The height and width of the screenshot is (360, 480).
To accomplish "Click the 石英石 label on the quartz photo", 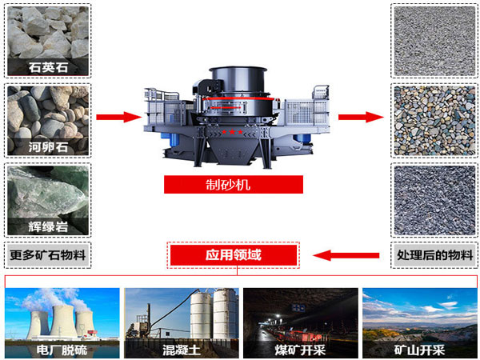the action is (48, 67).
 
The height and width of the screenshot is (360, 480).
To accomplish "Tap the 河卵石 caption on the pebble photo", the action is (48, 147).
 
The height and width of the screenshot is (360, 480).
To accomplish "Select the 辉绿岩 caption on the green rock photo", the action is (48, 227).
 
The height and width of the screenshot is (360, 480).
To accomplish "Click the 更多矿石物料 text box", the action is (48, 255).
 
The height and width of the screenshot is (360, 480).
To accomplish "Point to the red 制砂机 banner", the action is (234, 185).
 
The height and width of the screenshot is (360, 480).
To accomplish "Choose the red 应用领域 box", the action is (234, 255).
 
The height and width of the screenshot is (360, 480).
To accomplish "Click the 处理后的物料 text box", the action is (434, 255).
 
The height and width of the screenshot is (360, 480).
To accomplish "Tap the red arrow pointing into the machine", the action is (118, 117).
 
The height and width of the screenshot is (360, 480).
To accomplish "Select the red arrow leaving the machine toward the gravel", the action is (361, 117).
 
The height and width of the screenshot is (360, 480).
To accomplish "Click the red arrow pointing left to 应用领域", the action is (346, 255).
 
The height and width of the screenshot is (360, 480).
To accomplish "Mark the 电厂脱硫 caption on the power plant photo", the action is (62, 350).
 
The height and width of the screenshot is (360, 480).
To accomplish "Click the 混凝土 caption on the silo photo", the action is (182, 350).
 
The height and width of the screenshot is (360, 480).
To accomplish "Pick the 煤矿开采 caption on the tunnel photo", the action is (300, 350).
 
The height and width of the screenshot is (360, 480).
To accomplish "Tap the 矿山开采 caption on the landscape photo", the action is (419, 350).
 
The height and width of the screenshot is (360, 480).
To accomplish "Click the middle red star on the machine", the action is (232, 132).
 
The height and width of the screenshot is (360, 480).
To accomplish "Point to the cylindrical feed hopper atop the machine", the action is (238, 80).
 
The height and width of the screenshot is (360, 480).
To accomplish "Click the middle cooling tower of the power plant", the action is (64, 321).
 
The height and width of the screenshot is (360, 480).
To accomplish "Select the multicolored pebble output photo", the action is (434, 121).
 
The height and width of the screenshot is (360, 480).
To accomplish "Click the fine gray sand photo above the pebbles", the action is (434, 42).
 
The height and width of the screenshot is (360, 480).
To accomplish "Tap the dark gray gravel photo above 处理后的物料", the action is (434, 201).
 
